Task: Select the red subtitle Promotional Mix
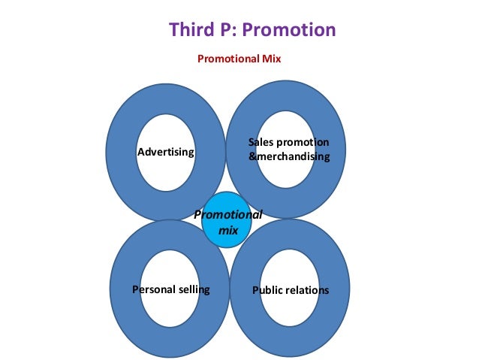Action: click(x=239, y=58)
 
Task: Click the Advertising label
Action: click(x=166, y=153)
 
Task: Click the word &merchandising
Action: click(x=289, y=157)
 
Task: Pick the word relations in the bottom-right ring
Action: click(x=308, y=290)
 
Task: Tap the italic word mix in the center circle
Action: click(x=227, y=231)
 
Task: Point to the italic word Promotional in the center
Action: click(x=228, y=215)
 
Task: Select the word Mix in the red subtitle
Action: click(x=270, y=58)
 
